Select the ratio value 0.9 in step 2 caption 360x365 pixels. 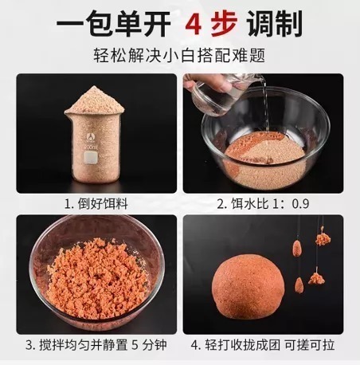(x=299, y=203)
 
